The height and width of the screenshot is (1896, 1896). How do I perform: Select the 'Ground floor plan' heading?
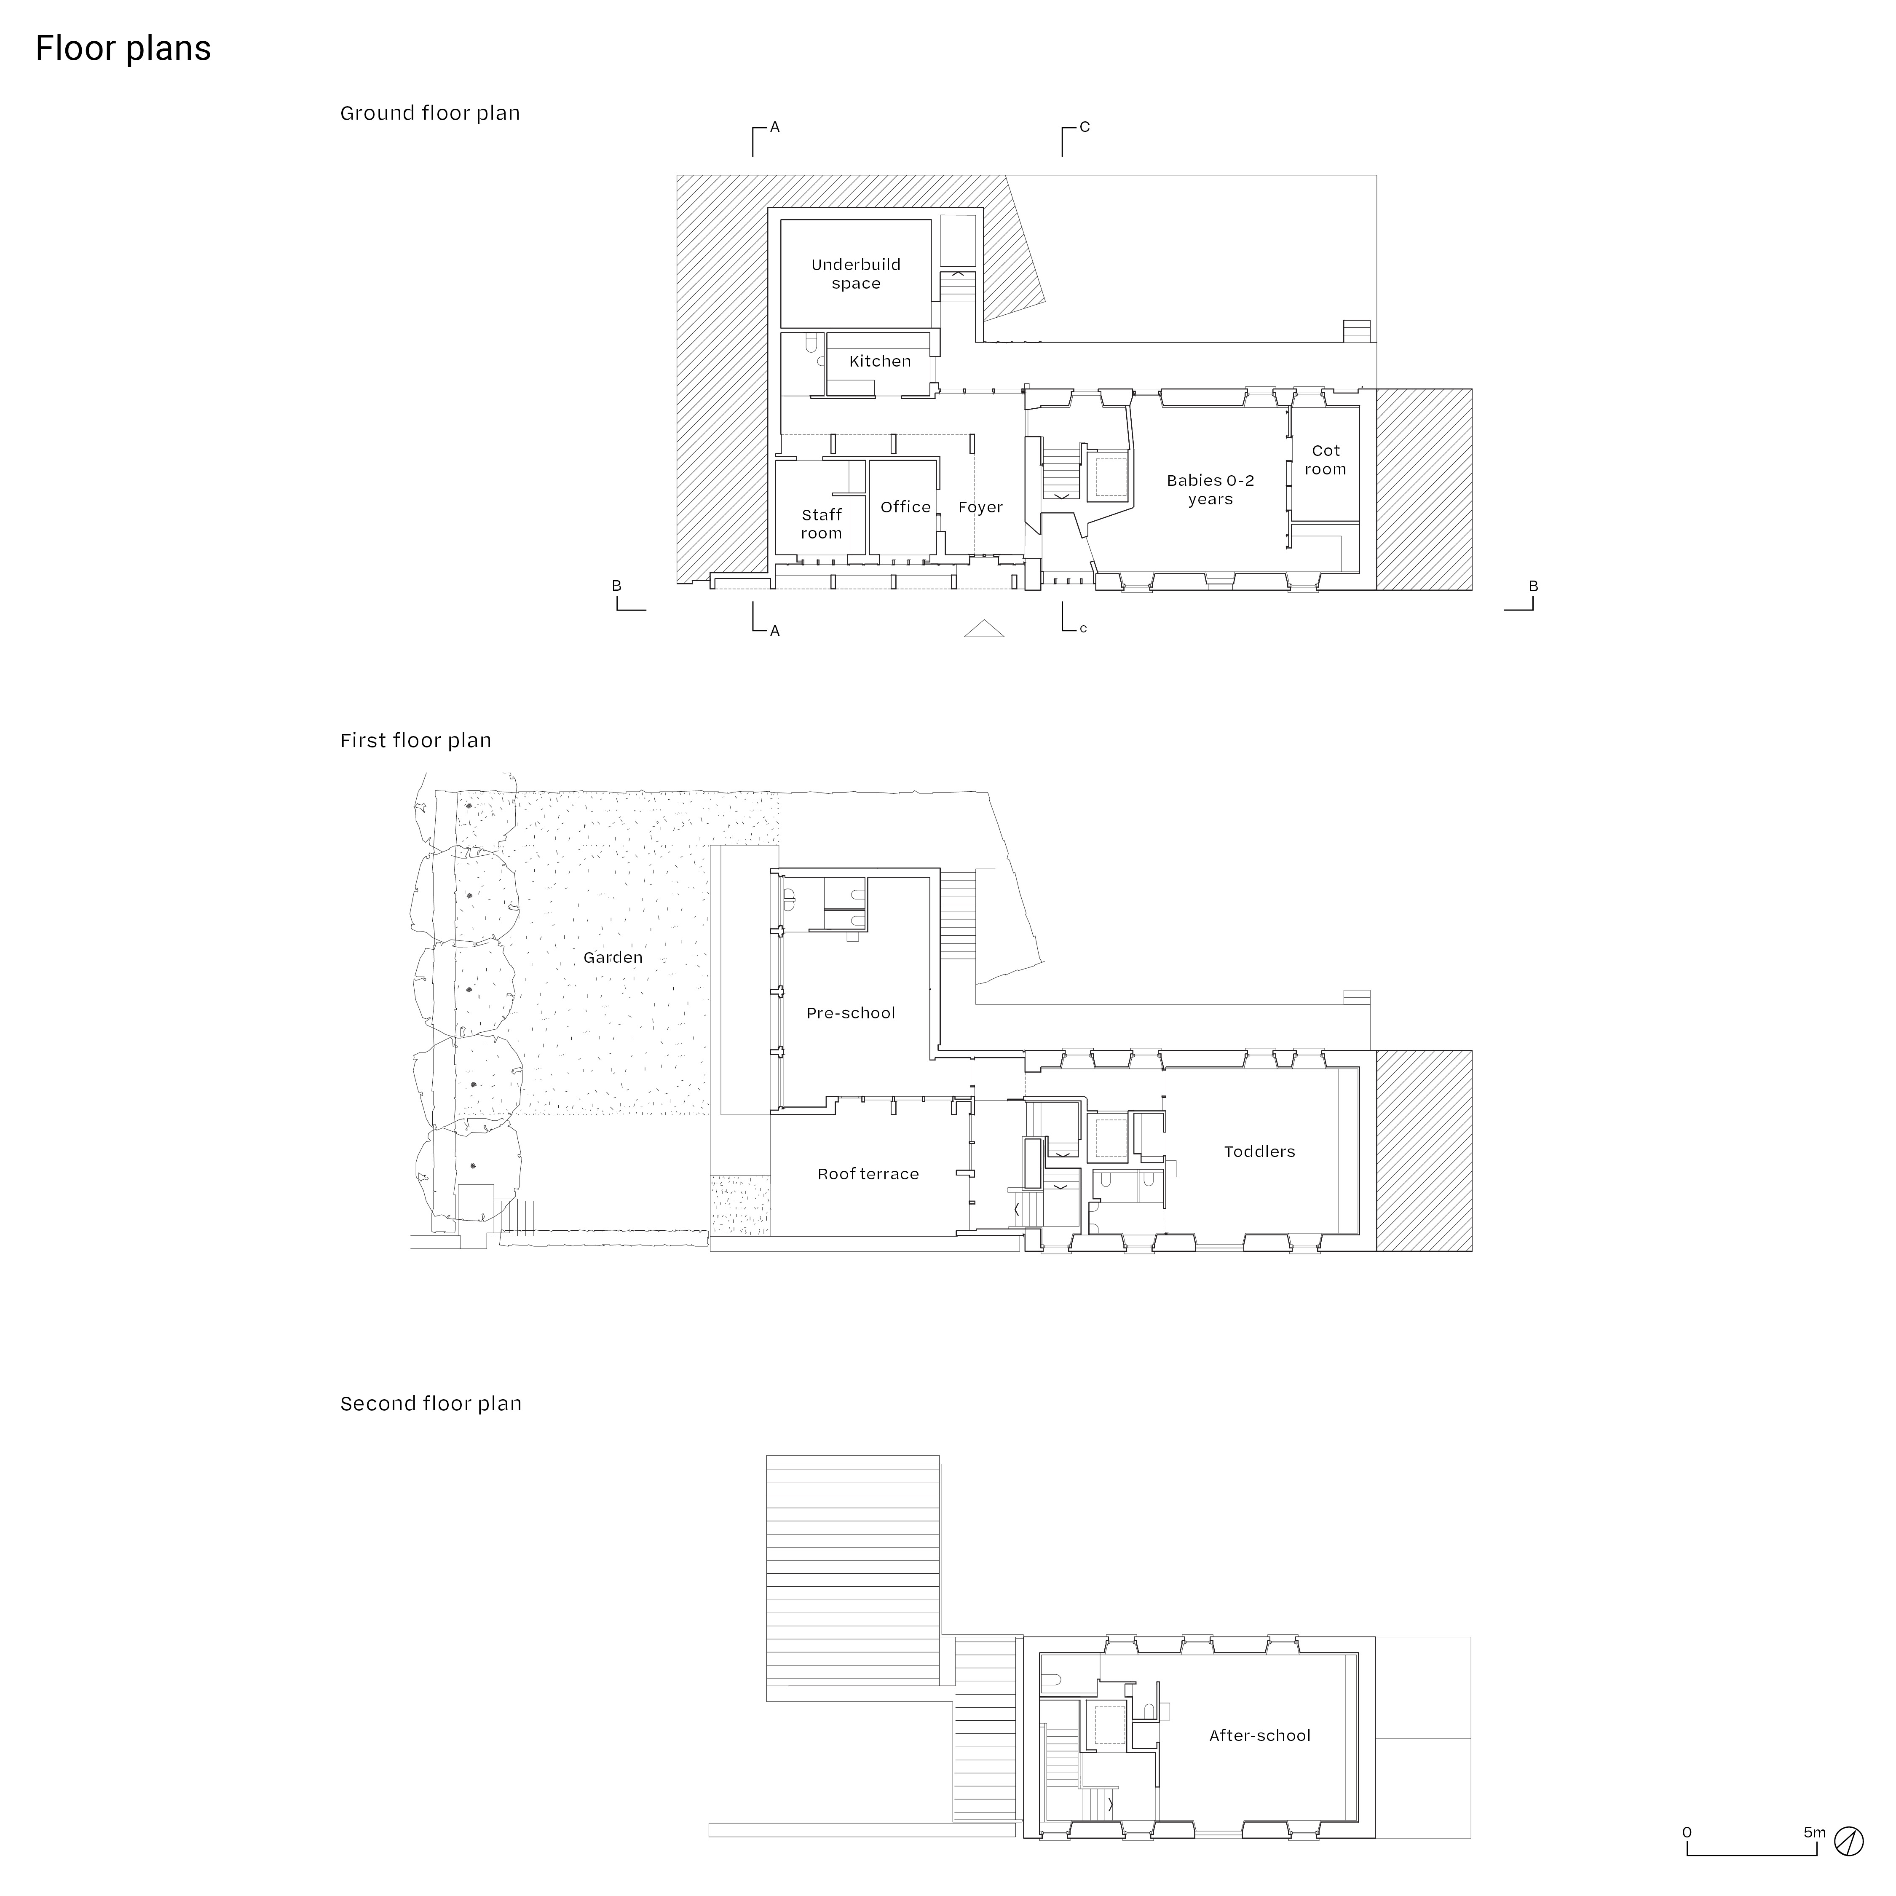(430, 113)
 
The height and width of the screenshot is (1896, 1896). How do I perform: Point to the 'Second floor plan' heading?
(431, 1403)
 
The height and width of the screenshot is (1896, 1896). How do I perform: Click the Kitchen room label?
(879, 361)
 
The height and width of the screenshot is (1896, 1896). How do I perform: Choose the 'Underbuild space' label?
(856, 274)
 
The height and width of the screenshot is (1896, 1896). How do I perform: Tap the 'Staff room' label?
(822, 524)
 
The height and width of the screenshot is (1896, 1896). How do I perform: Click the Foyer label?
(980, 507)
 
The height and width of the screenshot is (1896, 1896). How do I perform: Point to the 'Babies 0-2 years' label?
(1210, 490)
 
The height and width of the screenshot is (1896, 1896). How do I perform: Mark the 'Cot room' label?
(1325, 460)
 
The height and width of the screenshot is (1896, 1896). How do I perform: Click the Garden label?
(612, 957)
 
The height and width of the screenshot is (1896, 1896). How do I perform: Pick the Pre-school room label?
(850, 1013)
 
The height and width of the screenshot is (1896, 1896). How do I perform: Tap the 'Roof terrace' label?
(868, 1174)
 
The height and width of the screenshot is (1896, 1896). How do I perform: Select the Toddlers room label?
(1259, 1151)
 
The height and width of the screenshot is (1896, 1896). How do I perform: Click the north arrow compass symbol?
(1849, 1841)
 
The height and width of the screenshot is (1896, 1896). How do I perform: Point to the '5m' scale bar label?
(1813, 1831)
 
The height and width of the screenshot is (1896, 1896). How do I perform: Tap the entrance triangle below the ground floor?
(983, 629)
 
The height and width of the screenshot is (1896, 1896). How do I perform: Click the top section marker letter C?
(1085, 126)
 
